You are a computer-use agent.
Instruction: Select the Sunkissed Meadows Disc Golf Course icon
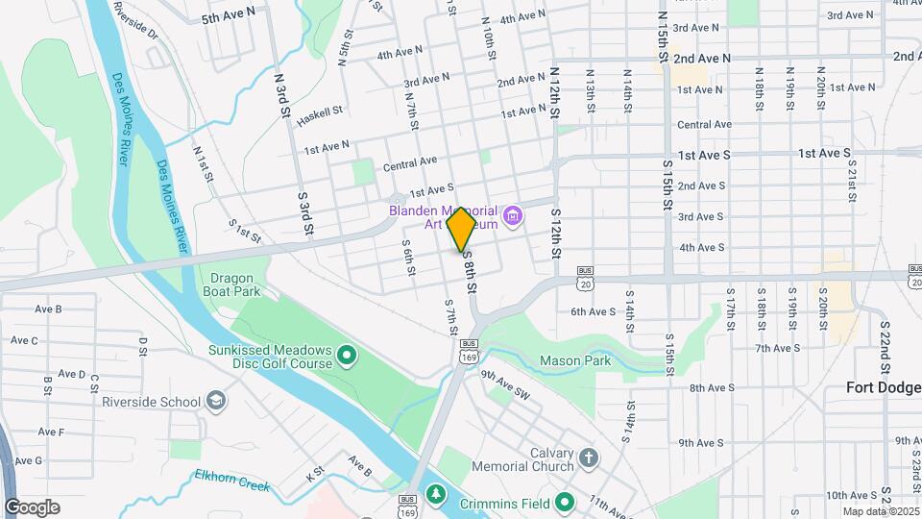[347, 358]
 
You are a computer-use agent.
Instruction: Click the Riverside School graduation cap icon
[217, 401]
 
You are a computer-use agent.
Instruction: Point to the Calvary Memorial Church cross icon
[588, 457]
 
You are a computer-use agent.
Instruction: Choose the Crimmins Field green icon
[566, 500]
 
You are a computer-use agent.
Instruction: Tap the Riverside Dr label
[135, 19]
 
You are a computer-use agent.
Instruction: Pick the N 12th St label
[555, 92]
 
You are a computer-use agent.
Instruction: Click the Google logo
[32, 507]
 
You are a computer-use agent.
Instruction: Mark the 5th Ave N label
[229, 15]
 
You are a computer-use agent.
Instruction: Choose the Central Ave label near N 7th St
[410, 164]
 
